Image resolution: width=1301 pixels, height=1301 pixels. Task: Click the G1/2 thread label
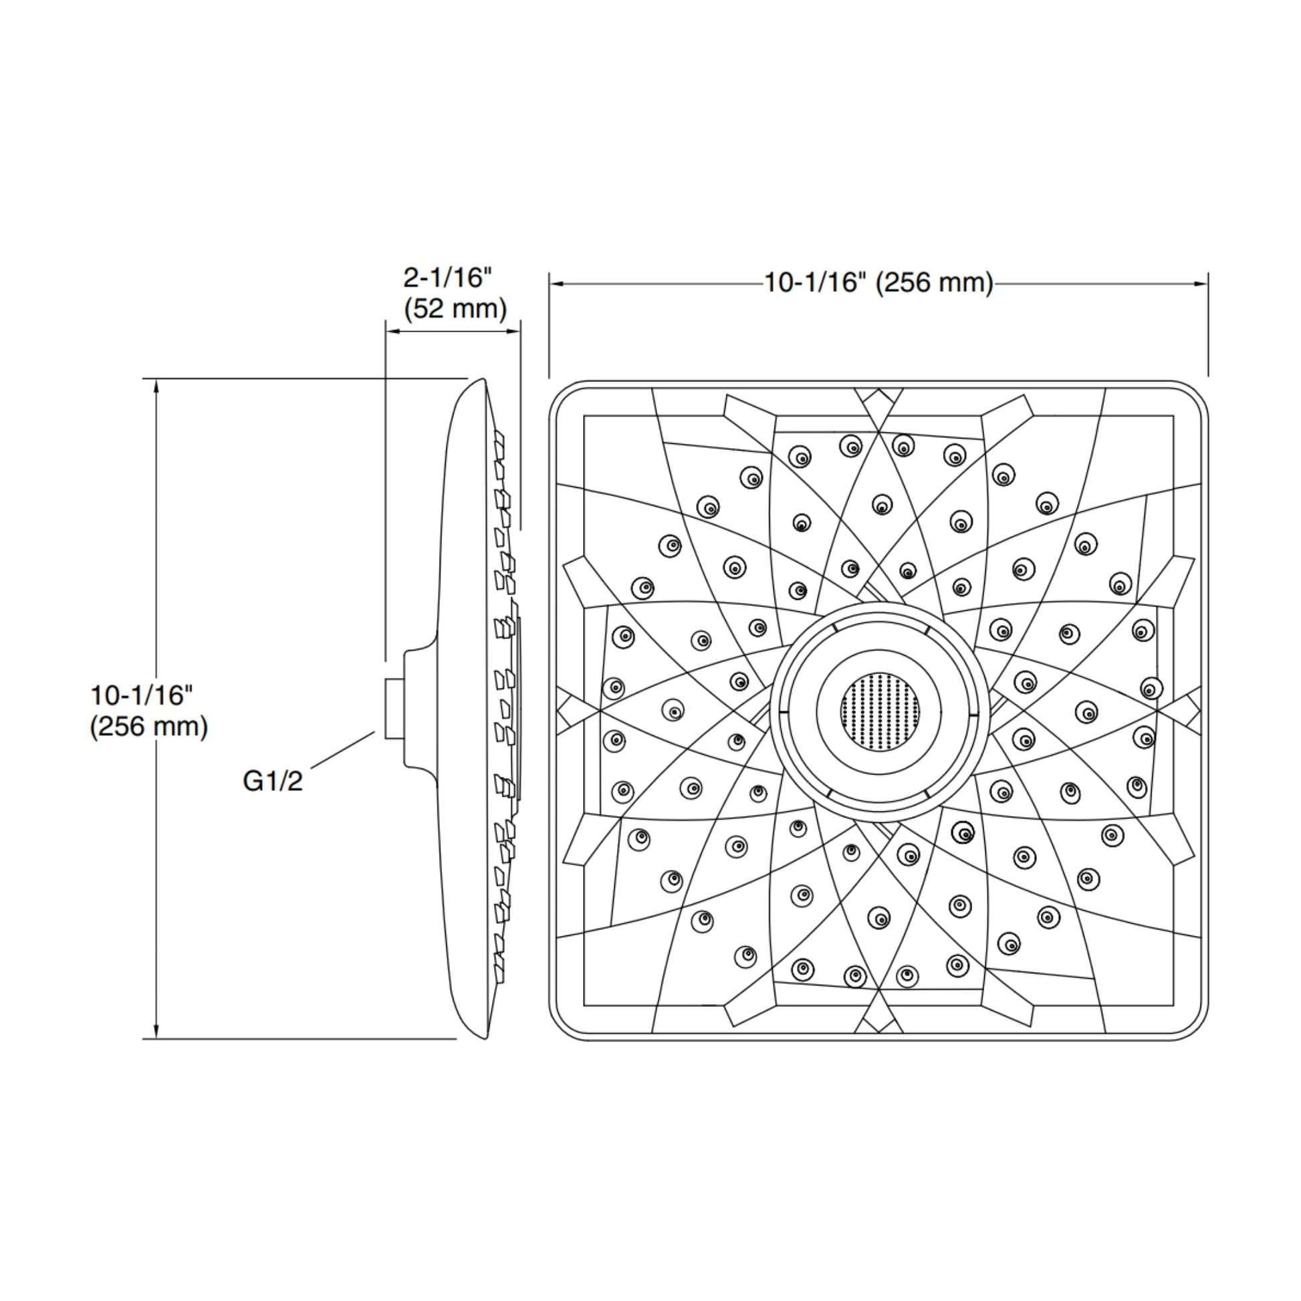click(273, 781)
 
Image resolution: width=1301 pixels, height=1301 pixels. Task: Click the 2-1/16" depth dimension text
click(448, 277)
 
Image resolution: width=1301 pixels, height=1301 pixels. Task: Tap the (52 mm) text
click(455, 309)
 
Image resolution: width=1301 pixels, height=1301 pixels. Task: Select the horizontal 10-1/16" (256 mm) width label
click(878, 283)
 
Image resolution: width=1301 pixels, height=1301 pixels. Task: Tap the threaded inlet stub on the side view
click(394, 709)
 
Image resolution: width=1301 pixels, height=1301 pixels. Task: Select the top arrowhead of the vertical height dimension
click(156, 385)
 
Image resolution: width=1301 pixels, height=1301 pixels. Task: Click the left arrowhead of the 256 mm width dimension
click(556, 283)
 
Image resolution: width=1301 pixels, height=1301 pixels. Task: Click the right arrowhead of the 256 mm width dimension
click(1201, 283)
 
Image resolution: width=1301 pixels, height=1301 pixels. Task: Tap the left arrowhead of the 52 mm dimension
click(391, 332)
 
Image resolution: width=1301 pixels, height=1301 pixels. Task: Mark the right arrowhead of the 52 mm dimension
click(515, 332)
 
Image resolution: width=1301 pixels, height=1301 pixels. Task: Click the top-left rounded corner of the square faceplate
click(560, 392)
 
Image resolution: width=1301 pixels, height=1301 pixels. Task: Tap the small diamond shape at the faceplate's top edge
click(878, 402)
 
